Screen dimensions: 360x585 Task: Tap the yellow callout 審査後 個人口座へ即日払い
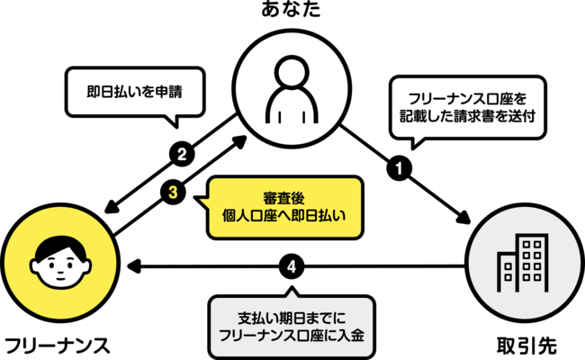coord(283,206)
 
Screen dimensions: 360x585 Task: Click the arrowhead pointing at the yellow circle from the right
coord(134,267)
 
